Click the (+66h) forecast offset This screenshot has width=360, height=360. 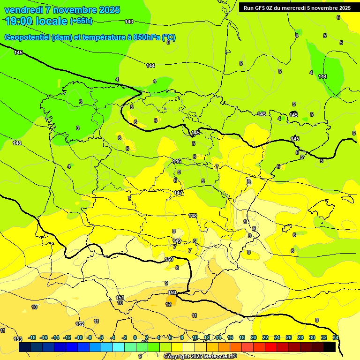click(81, 21)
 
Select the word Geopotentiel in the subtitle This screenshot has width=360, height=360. click(27, 37)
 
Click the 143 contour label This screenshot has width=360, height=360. click(129, 22)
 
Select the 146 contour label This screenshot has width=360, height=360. click(177, 161)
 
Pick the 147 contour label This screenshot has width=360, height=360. click(179, 193)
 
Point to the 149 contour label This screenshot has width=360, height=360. click(177, 241)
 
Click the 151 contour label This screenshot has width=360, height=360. click(120, 298)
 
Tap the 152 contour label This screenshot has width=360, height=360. click(80, 324)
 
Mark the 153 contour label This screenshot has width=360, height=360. click(18, 339)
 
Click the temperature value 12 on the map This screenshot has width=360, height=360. click(168, 304)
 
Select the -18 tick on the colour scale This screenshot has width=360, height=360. click(32, 337)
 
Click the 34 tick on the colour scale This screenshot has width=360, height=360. click(336, 337)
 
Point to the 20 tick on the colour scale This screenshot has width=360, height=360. click(254, 337)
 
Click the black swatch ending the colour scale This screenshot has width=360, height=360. click(330, 347)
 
